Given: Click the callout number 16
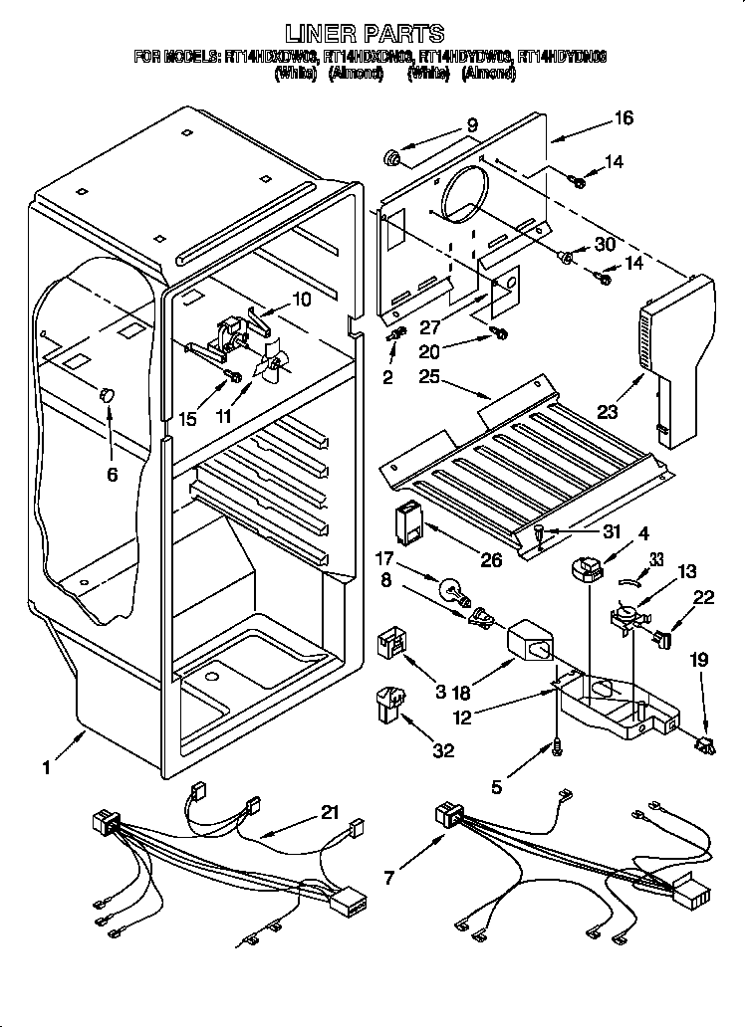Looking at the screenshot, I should click(x=624, y=118).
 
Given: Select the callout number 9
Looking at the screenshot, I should click(x=472, y=125).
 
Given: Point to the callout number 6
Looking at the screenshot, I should click(x=112, y=475).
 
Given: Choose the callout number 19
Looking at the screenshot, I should click(x=700, y=658).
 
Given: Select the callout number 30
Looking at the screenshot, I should click(x=607, y=244).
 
